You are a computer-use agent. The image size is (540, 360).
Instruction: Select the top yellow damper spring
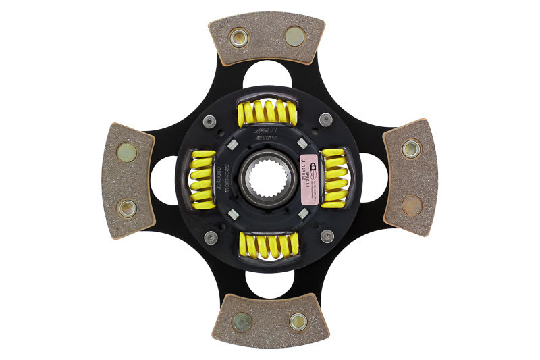point(267,112)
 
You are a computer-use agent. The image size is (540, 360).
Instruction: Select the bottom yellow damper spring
point(269,245)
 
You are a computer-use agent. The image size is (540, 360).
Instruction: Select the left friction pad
point(128,179)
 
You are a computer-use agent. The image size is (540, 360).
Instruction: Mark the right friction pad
point(410,177)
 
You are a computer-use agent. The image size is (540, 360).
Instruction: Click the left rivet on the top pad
point(239,37)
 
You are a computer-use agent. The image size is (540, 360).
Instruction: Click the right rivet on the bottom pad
point(298,322)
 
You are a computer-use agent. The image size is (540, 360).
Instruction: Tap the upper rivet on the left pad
point(126,152)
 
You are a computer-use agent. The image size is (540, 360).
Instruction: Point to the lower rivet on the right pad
point(412,205)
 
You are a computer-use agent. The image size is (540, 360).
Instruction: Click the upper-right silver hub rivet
point(325,120)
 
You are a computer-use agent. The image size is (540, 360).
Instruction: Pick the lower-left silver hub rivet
point(211,238)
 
